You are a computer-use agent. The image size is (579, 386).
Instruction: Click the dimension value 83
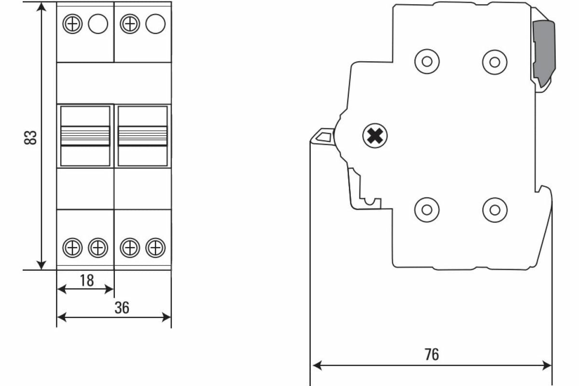pyautogui.click(x=30, y=137)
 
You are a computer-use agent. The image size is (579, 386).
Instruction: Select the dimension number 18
pyautogui.click(x=86, y=280)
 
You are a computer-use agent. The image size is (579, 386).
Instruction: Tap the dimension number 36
pyautogui.click(x=122, y=308)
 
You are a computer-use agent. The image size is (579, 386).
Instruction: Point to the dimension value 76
pyautogui.click(x=432, y=354)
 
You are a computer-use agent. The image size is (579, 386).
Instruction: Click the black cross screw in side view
pyautogui.click(x=375, y=137)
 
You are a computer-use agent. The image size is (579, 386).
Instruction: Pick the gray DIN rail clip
pyautogui.click(x=543, y=54)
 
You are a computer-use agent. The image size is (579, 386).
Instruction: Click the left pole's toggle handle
pyautogui.click(x=85, y=136)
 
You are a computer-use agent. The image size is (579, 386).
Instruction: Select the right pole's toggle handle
pyautogui.click(x=143, y=136)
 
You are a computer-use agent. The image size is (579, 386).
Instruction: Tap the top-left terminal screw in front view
pyautogui.click(x=72, y=24)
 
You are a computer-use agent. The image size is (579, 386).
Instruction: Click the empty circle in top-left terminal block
pyautogui.click(x=98, y=24)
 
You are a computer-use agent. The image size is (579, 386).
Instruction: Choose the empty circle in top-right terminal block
pyautogui.click(x=155, y=24)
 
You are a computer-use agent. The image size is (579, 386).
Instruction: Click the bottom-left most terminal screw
pyautogui.click(x=72, y=248)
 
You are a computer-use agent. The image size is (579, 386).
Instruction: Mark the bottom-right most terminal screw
pyautogui.click(x=155, y=248)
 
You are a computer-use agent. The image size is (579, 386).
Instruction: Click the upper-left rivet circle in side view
pyautogui.click(x=427, y=61)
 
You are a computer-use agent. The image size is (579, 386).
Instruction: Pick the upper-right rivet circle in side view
pyautogui.click(x=495, y=61)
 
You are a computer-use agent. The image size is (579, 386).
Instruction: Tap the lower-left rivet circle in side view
pyautogui.click(x=427, y=209)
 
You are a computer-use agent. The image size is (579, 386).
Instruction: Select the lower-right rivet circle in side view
pyautogui.click(x=495, y=209)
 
